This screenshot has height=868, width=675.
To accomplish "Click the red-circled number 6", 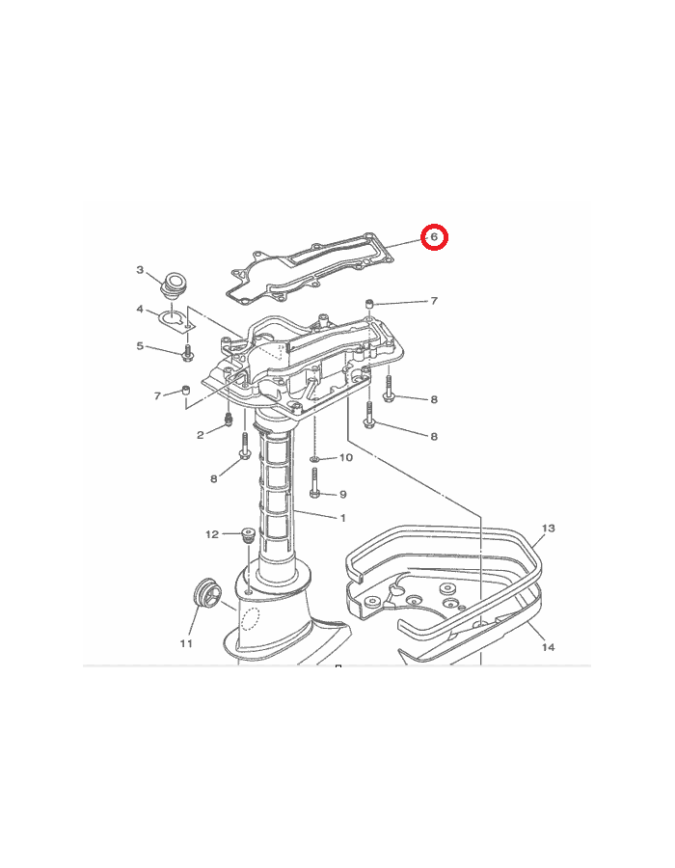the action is [x=434, y=237].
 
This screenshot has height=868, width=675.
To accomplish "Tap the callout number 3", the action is [x=140, y=270].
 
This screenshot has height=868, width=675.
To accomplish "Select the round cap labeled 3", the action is [x=172, y=285].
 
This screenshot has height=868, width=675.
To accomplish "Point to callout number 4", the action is [x=140, y=309].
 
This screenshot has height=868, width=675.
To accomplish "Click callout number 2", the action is [x=201, y=435].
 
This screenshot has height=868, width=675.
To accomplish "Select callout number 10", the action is [x=346, y=457].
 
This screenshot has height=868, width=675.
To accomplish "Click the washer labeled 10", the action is [x=314, y=459].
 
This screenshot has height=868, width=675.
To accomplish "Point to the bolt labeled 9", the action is [x=314, y=483].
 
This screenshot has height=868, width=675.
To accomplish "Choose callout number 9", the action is [x=343, y=495].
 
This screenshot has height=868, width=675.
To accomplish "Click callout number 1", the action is [x=343, y=518].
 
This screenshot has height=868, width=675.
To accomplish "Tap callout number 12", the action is [x=212, y=534].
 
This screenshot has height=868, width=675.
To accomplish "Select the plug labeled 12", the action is [x=247, y=536].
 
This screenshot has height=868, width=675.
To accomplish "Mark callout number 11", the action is [x=186, y=643].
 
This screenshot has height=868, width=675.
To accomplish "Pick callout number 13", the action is [x=549, y=529].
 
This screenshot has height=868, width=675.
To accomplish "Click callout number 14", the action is [x=549, y=647].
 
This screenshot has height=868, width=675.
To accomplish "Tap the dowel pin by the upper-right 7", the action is [x=369, y=304].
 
